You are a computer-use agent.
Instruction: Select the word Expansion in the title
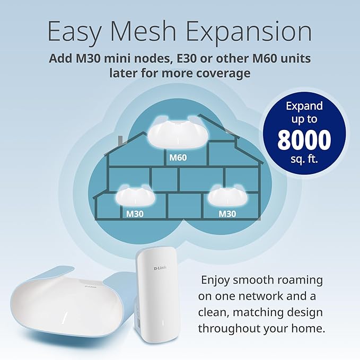pos(258,32)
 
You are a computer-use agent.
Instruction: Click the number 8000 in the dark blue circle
pos(304,140)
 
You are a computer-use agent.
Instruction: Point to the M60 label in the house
pos(178,157)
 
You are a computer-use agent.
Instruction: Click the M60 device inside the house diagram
pos(178,135)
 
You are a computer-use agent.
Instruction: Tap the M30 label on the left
pos(136,214)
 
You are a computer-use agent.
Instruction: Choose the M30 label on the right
pos(227,214)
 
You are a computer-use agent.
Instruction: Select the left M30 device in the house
pos(136,197)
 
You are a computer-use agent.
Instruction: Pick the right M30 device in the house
pos(228,197)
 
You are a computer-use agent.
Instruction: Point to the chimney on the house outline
pos(122,140)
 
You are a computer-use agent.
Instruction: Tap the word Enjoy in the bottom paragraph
pos(217,279)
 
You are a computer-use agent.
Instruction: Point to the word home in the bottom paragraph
pos(301,328)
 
